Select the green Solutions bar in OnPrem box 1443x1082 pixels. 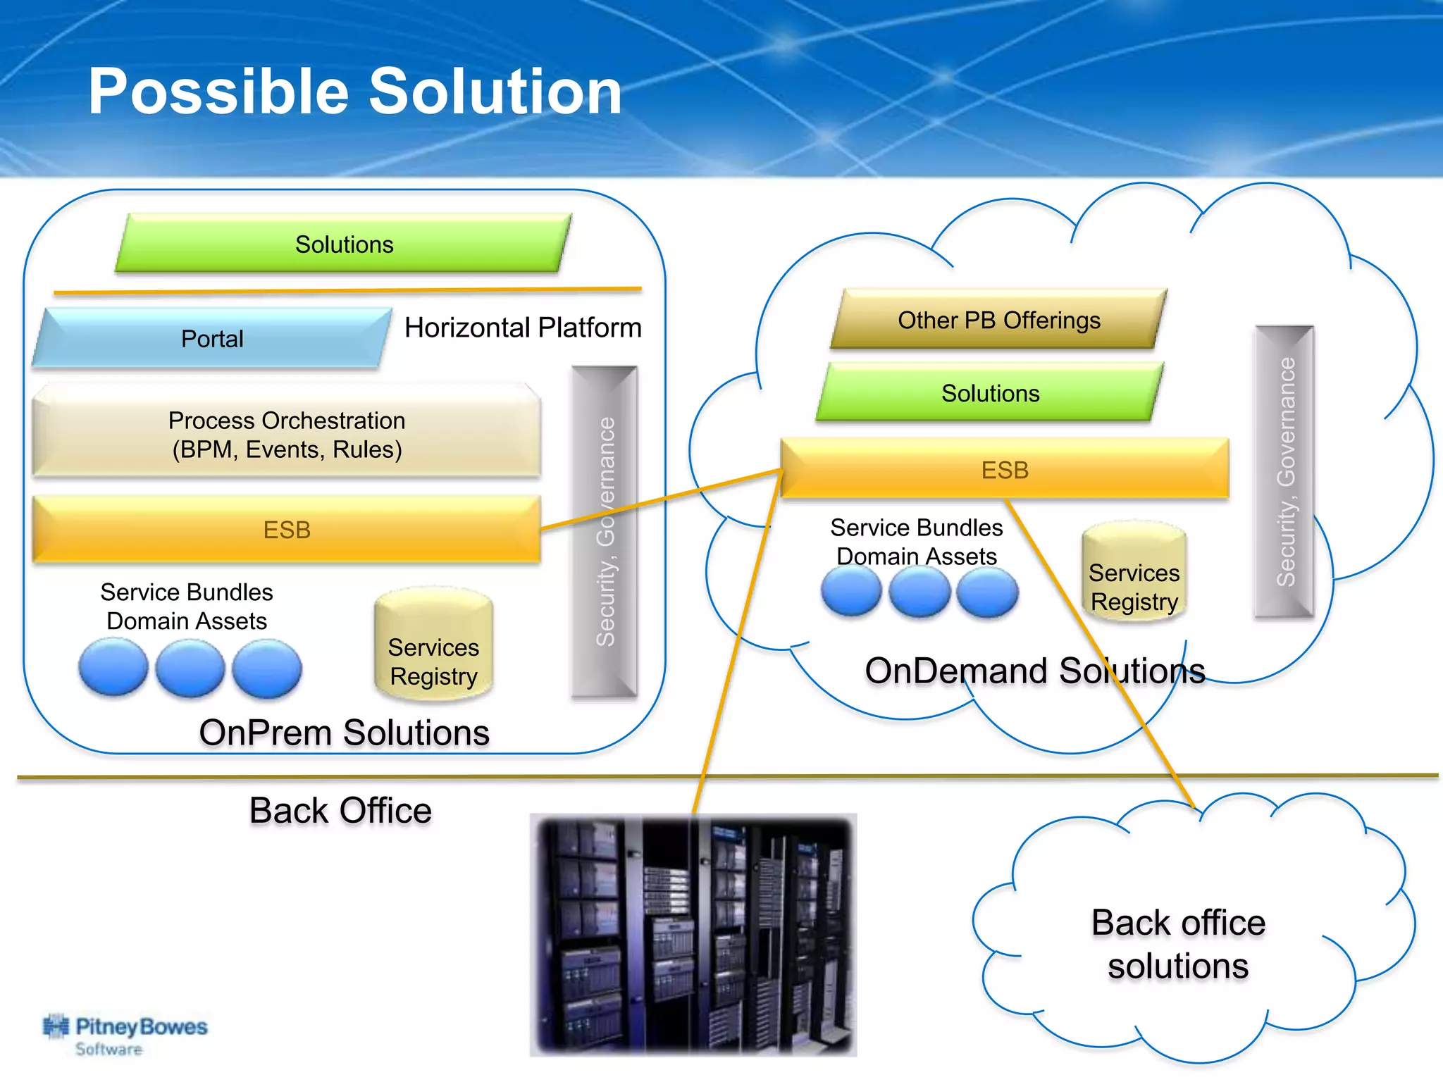coord(344,244)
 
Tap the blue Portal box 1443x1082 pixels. coord(211,338)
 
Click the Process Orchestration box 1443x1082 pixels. coord(287,433)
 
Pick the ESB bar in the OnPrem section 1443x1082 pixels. coord(287,530)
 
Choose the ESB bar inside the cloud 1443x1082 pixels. coord(1005,470)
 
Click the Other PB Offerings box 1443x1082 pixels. coord(998,321)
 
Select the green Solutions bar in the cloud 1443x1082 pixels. coord(990,393)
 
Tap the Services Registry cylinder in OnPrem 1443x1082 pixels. coord(433,648)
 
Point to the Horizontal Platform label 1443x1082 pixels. coord(523,328)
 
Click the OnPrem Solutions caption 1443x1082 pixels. coord(344,733)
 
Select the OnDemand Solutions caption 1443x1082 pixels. coord(1034,671)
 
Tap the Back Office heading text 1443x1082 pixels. coord(340,811)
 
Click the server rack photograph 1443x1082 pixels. coord(693,935)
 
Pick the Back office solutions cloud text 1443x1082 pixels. coord(1178,944)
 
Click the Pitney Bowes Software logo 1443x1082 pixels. coord(125,1034)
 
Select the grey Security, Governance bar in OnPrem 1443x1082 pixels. coord(605,532)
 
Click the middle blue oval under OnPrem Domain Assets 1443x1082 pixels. coord(190,669)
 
